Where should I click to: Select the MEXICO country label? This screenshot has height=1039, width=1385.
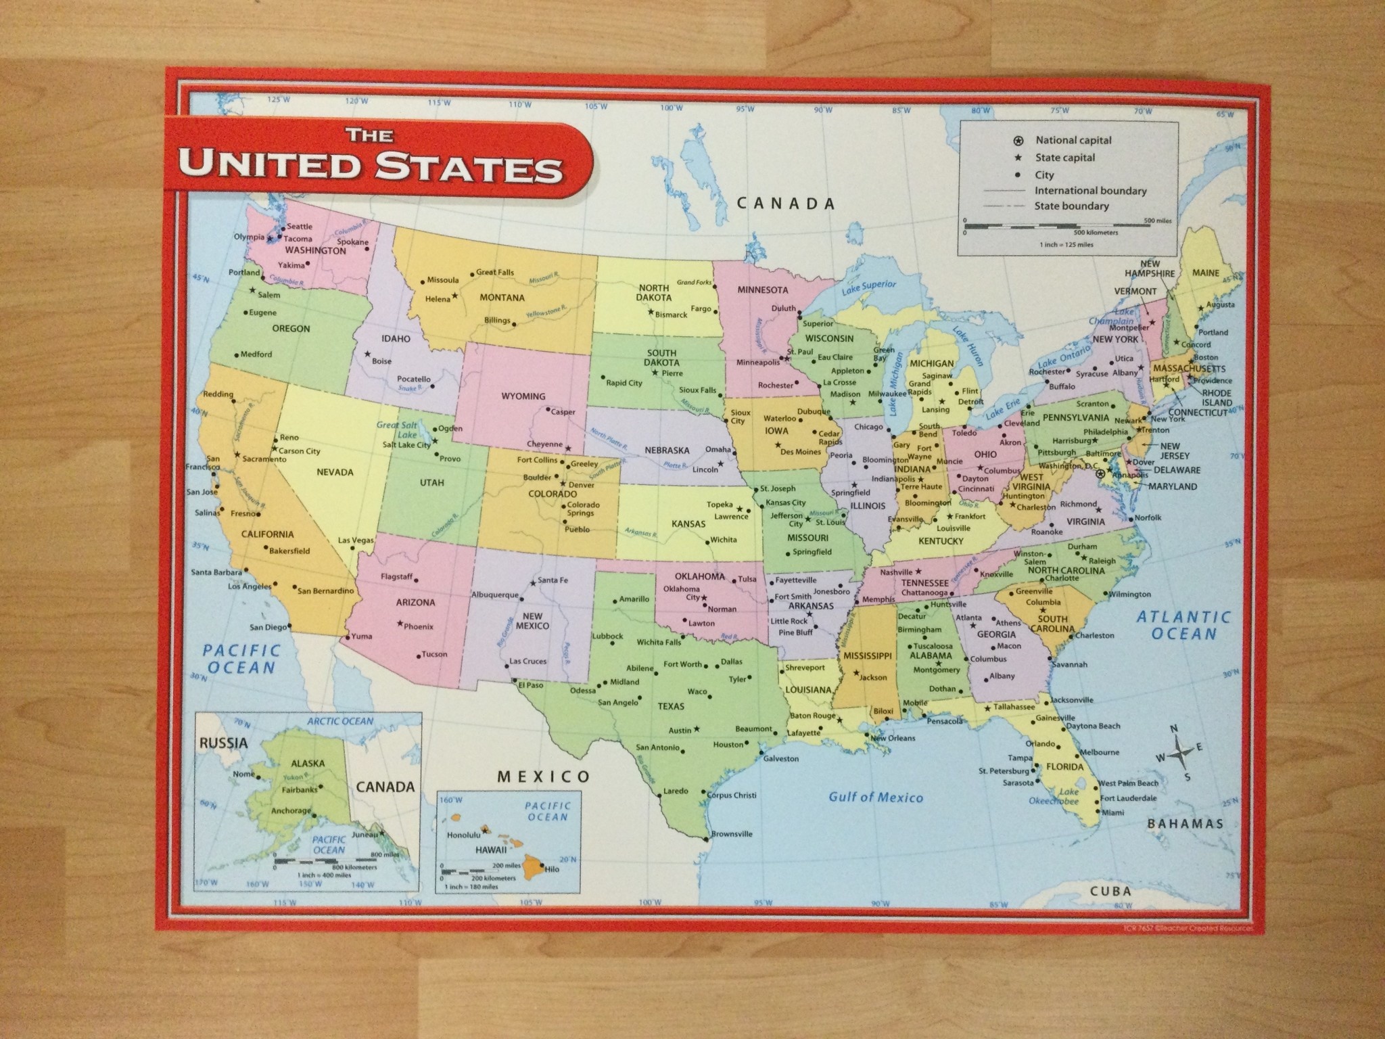(544, 776)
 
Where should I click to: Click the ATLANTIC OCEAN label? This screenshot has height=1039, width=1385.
(1183, 625)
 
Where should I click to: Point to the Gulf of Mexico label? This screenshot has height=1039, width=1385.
(876, 797)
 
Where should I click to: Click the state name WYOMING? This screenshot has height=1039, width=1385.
(523, 396)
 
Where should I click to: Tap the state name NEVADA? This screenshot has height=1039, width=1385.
(335, 471)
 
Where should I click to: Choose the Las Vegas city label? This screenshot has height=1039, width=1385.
(356, 540)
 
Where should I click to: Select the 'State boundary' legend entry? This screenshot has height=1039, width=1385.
(1071, 206)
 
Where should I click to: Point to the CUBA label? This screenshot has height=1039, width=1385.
(1111, 891)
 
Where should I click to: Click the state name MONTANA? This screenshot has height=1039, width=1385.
(502, 298)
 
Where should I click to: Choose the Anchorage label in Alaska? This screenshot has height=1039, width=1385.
(290, 810)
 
